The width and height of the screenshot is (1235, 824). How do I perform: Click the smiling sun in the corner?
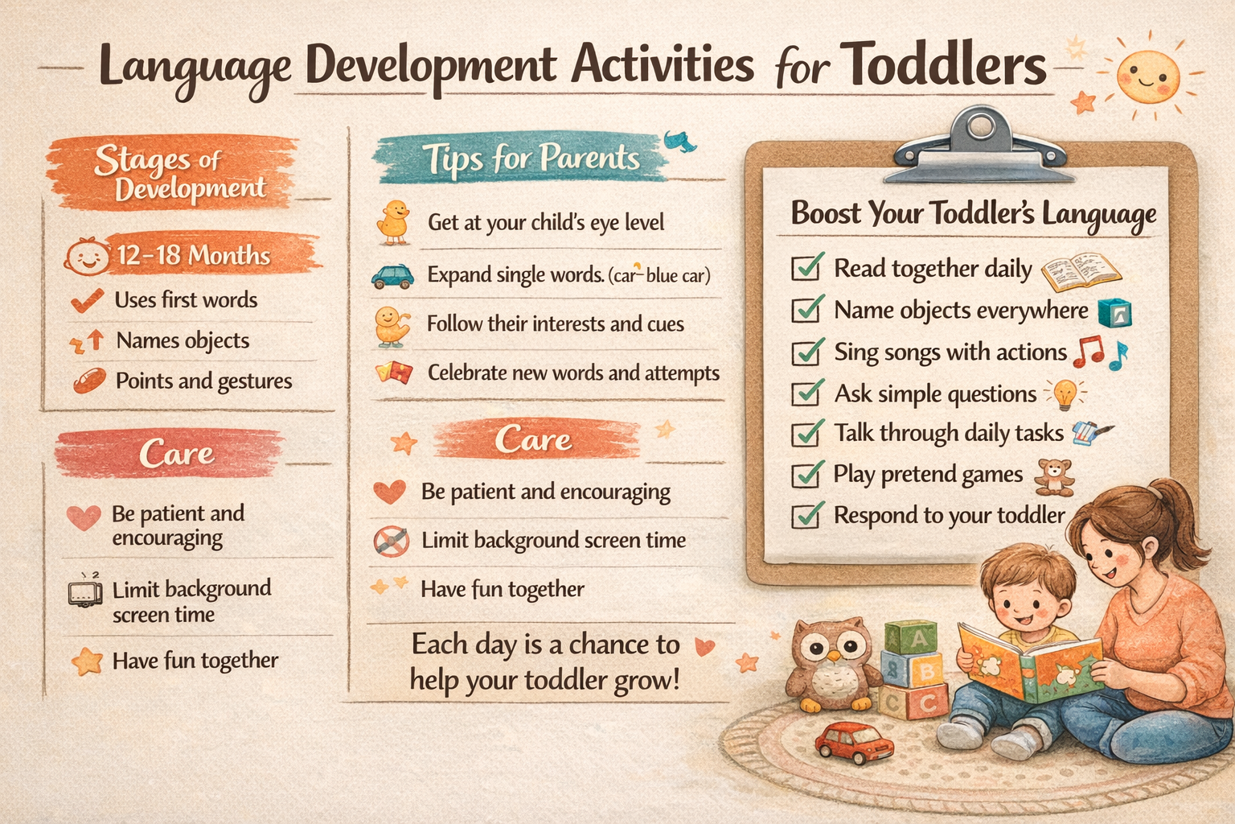coord(1147,76)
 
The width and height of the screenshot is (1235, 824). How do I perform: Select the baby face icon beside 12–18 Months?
coord(87,257)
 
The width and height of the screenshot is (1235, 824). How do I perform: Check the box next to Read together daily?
coord(806,267)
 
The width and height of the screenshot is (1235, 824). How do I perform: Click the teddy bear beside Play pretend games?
coord(1054,476)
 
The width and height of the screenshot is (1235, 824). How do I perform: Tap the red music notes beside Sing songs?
coord(1090,352)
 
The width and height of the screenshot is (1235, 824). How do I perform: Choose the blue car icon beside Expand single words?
coord(392,276)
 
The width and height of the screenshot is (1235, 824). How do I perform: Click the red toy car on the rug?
coord(854,741)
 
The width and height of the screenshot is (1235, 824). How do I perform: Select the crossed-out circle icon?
coord(392,541)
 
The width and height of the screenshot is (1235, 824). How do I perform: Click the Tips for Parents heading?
coord(531,158)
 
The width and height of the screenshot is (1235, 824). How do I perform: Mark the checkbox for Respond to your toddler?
coord(806,515)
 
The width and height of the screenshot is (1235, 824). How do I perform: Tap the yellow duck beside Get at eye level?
coord(394,222)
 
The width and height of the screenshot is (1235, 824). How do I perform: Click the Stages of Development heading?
coord(178,173)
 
